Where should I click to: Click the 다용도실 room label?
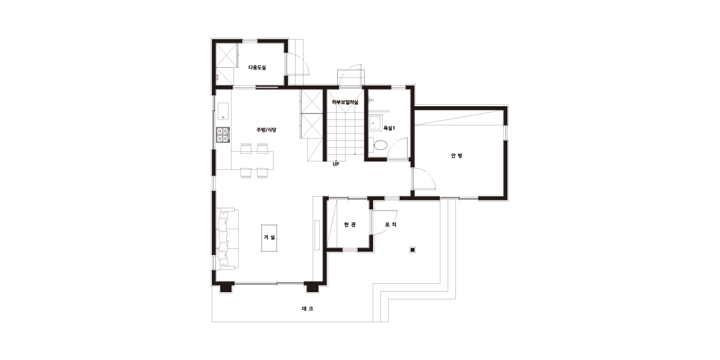(x=257, y=67)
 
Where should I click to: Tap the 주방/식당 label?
(x=266, y=130)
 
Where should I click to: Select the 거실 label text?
(x=269, y=238)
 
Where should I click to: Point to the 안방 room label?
(x=457, y=155)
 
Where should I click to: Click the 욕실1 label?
(x=389, y=128)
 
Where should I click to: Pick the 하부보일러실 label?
(x=345, y=102)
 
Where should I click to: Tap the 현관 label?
(x=350, y=224)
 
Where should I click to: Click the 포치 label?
(x=391, y=224)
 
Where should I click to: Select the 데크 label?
(x=307, y=308)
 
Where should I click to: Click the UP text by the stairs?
(x=336, y=164)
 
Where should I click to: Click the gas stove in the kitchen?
(x=223, y=135)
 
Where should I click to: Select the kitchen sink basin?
(x=223, y=111)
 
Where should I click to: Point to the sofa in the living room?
(x=227, y=239)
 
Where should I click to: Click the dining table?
(x=253, y=160)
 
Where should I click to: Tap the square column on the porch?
(x=413, y=250)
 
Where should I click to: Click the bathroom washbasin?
(x=375, y=123)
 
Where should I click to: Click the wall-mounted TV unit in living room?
(x=317, y=235)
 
